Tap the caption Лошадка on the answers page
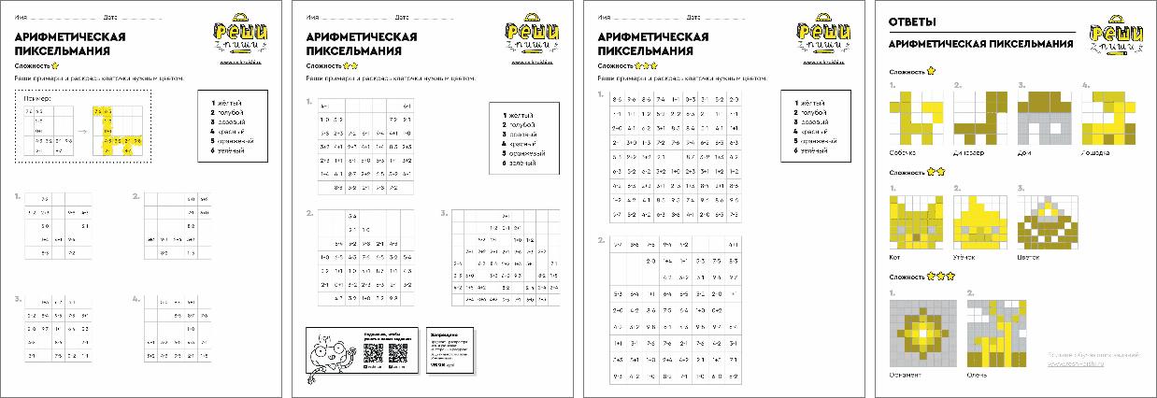[1095, 150]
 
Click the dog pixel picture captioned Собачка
[912, 118]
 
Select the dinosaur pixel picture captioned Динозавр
[976, 118]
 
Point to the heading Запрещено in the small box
[443, 334]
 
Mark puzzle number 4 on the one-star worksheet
[136, 299]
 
